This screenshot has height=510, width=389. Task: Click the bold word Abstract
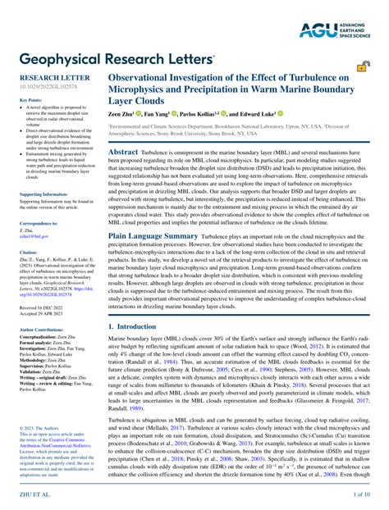coord(124,153)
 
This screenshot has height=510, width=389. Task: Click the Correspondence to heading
coord(39,223)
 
